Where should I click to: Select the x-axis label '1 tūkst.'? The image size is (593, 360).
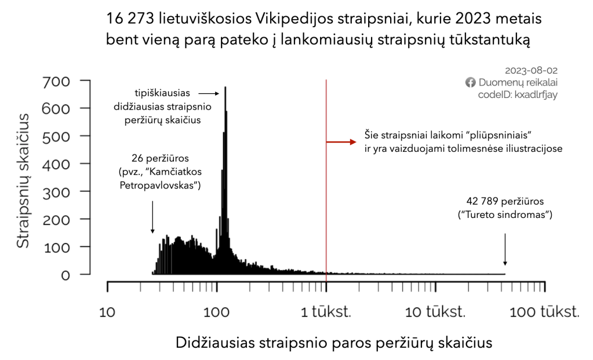[x=326, y=312]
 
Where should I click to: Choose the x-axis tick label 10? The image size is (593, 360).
[x=108, y=312]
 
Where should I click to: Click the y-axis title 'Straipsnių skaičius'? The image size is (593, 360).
[x=23, y=181]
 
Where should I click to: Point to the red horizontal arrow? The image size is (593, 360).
[x=341, y=142]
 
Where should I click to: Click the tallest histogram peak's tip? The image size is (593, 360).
[x=225, y=88]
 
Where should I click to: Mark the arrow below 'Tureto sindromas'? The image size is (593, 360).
[x=505, y=249]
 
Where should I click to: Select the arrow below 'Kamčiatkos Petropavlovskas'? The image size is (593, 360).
[x=152, y=217]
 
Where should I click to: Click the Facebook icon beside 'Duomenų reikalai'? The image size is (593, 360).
[x=471, y=83]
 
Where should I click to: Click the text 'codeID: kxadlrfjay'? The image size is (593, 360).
[x=517, y=95]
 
